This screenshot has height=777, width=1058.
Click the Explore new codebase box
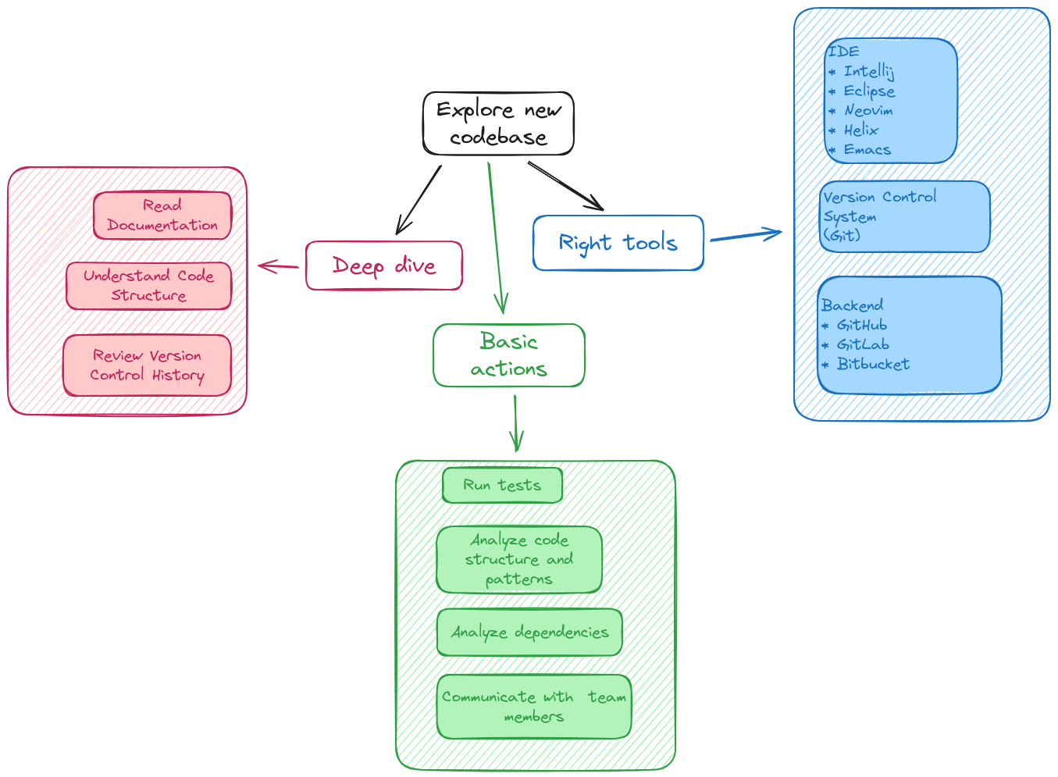(498, 123)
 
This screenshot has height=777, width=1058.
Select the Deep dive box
(383, 266)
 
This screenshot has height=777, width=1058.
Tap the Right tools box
(618, 243)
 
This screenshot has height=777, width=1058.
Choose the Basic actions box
(508, 355)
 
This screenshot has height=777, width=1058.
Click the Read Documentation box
(162, 216)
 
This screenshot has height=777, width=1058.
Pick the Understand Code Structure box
(148, 286)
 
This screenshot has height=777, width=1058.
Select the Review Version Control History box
(147, 365)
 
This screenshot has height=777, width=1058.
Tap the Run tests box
(502, 485)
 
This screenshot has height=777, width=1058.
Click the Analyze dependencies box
(529, 633)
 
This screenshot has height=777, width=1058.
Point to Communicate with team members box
(533, 707)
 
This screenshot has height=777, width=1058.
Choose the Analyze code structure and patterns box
(519, 560)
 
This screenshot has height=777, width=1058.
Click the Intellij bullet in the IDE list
(868, 72)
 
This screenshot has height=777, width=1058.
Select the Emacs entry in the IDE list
(867, 150)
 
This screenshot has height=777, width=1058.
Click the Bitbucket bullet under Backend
(873, 364)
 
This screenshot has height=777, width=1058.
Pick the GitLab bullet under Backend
(863, 344)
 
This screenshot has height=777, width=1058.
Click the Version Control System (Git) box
(904, 216)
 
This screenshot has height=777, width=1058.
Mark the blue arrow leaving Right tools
(746, 235)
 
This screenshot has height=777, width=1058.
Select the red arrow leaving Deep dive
(278, 267)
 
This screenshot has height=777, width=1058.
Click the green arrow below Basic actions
(515, 423)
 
